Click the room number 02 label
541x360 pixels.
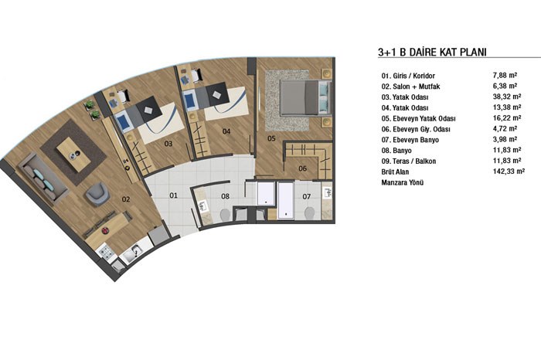126,199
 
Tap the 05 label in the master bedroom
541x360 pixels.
271,138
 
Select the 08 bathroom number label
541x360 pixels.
225,196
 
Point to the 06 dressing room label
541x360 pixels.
302,168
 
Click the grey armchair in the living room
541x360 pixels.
97,194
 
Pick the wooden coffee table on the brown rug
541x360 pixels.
73,155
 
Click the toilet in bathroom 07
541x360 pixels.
310,212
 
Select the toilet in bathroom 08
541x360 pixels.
225,215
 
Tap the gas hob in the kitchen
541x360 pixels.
106,253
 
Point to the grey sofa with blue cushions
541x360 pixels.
43,178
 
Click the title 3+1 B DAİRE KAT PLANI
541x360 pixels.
432,52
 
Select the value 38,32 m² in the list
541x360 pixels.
507,97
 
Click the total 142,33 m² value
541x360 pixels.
509,171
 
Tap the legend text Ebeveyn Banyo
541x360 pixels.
416,140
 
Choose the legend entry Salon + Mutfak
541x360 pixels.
416,87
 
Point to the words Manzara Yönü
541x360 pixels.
403,183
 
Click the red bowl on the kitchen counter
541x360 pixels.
106,230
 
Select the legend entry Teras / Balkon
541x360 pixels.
414,161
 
